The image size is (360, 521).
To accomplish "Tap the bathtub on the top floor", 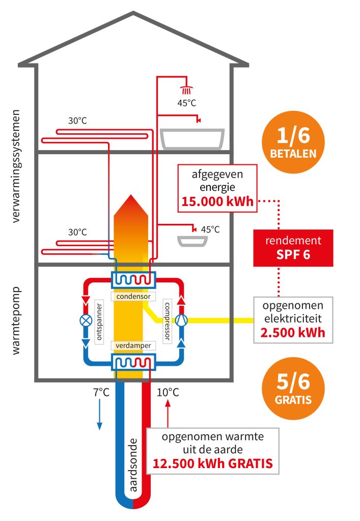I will click(192, 138).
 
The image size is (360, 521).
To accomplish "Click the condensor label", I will click(129, 296).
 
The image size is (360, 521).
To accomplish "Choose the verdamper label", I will click(131, 346).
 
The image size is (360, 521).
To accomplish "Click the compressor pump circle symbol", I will click(181, 320).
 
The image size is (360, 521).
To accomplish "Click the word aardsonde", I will click(134, 464).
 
